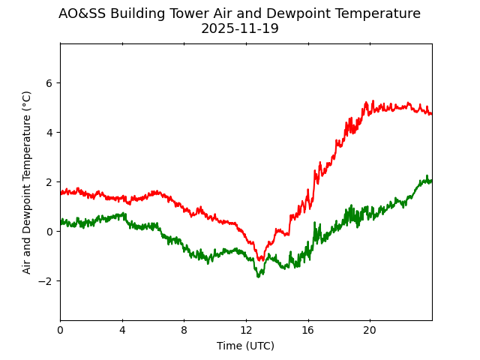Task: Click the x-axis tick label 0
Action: click(x=60, y=331)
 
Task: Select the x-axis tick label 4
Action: click(x=122, y=331)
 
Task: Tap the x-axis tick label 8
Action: click(x=184, y=331)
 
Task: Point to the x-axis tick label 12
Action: click(x=246, y=331)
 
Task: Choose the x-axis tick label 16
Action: click(x=308, y=331)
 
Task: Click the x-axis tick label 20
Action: click(x=370, y=331)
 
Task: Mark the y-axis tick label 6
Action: click(x=50, y=83)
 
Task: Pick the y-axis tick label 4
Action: click(x=50, y=133)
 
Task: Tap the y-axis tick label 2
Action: click(x=50, y=182)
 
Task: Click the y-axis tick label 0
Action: click(x=50, y=232)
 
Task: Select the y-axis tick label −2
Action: click(x=47, y=281)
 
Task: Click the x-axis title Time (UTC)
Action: click(x=246, y=346)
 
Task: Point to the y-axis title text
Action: click(x=27, y=182)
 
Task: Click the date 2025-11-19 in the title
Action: click(x=240, y=29)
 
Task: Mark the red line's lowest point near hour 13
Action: click(x=259, y=260)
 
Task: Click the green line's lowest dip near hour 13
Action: click(x=258, y=277)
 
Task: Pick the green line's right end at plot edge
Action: click(x=431, y=181)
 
